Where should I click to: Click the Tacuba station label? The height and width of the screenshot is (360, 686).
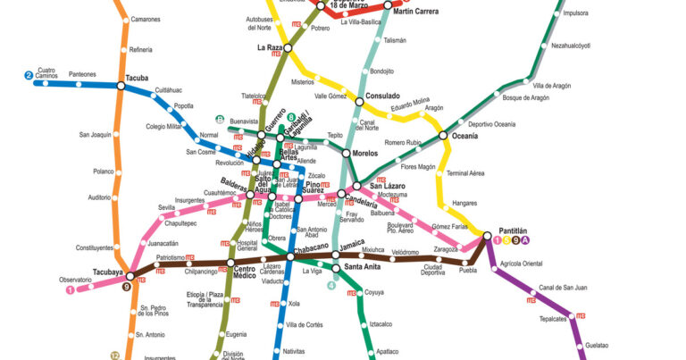pyautogui.click(x=138, y=77)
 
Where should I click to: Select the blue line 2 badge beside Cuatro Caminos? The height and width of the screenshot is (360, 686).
pyautogui.click(x=29, y=76)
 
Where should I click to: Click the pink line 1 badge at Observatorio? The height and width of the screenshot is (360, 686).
pyautogui.click(x=70, y=288)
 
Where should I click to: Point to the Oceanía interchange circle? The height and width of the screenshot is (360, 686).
pyautogui.click(x=443, y=136)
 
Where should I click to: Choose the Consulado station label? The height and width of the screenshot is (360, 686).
pyautogui.click(x=383, y=96)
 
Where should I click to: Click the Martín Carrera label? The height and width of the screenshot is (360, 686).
pyautogui.click(x=416, y=12)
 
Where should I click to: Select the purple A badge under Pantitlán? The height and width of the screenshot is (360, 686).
pyautogui.click(x=526, y=240)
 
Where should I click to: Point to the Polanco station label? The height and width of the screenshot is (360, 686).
pyautogui.click(x=103, y=172)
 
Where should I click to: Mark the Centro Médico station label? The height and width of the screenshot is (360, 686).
pyautogui.click(x=245, y=272)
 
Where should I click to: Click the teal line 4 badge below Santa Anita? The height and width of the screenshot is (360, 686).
pyautogui.click(x=332, y=286)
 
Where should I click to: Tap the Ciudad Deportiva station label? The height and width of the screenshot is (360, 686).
pyautogui.click(x=433, y=270)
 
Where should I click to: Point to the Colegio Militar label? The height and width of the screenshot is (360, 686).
pyautogui.click(x=163, y=126)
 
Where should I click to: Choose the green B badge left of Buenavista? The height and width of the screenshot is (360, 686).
pyautogui.click(x=220, y=120)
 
